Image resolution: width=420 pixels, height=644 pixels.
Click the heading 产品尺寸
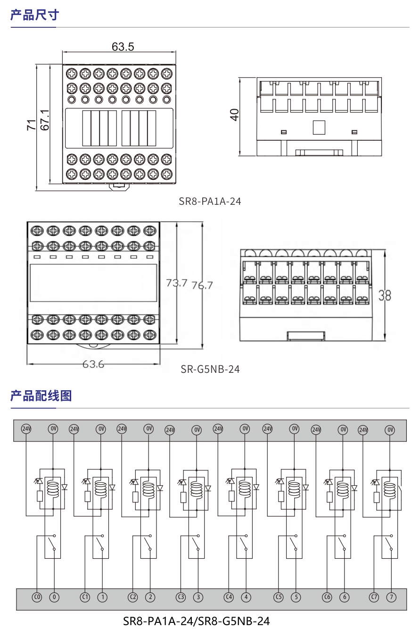point(35,15)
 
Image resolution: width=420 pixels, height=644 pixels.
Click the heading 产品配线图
point(41,395)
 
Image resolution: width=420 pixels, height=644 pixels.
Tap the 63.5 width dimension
point(123,47)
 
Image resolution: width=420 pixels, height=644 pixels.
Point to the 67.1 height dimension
point(45,121)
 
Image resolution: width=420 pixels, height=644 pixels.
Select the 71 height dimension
point(31,125)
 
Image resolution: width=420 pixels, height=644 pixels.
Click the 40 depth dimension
point(234,115)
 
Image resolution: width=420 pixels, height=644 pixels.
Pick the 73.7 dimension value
point(177,283)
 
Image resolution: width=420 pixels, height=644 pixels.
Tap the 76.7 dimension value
point(202,285)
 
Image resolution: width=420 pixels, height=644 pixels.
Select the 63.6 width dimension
point(93,364)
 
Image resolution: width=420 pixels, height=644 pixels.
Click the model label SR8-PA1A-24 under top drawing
point(210,201)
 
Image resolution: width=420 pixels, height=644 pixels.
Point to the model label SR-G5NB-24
point(210,369)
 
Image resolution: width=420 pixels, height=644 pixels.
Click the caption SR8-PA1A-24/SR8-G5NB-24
point(197,621)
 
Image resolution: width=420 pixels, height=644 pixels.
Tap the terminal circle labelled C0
point(37,597)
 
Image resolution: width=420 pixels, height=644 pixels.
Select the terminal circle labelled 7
point(391,597)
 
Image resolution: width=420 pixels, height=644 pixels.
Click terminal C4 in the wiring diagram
point(229,597)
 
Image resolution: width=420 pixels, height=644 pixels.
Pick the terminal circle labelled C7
point(374,597)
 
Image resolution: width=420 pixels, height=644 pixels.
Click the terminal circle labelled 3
point(198,597)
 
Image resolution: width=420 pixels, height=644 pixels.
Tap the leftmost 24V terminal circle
point(26,429)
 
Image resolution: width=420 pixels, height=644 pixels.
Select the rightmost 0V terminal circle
point(390,430)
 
